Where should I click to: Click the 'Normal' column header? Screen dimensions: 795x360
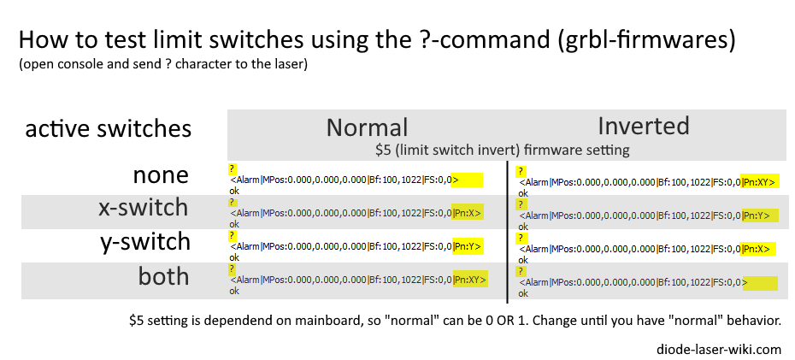(x=367, y=127)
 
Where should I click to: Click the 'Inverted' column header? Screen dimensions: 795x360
(x=644, y=126)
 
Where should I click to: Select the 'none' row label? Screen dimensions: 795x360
(x=161, y=175)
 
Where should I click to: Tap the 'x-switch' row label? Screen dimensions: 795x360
(x=144, y=208)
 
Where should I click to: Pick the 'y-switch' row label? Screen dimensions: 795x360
(x=145, y=242)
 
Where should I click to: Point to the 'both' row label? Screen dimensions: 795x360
(x=163, y=276)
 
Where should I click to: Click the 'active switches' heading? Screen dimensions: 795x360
(x=109, y=129)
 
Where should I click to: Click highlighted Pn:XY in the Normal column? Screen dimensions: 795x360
(x=470, y=279)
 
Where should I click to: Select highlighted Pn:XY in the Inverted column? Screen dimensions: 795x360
(x=759, y=182)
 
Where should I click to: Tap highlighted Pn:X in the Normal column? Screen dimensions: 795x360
(x=468, y=213)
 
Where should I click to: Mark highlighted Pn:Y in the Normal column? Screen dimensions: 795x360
(x=468, y=246)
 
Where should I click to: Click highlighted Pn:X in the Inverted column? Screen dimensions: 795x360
(x=758, y=249)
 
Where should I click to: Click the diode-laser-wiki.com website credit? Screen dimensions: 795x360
(x=718, y=350)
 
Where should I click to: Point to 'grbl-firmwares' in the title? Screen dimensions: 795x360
(x=645, y=40)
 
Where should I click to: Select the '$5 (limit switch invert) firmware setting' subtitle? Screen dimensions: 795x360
(x=503, y=150)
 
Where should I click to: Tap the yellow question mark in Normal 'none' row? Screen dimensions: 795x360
(x=233, y=168)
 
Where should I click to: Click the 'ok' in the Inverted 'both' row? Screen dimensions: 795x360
(x=523, y=293)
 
